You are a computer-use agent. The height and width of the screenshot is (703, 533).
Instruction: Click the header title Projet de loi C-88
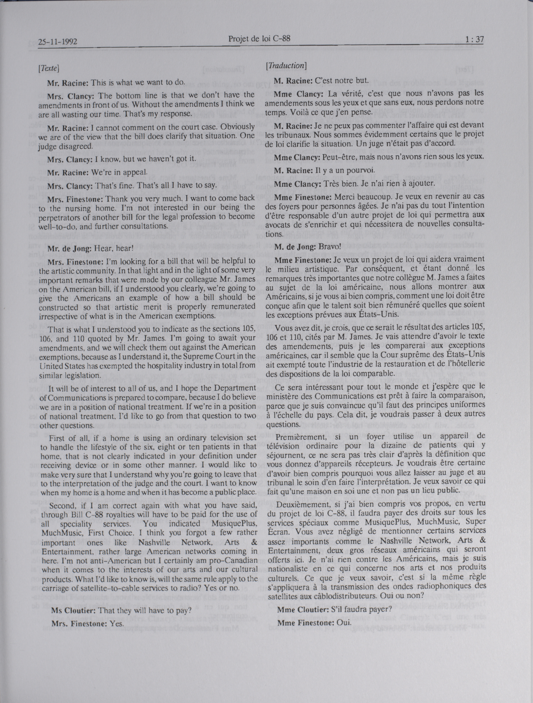pyautogui.click(x=259, y=39)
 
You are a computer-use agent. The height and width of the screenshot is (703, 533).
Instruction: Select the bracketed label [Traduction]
pyautogui.click(x=286, y=65)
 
